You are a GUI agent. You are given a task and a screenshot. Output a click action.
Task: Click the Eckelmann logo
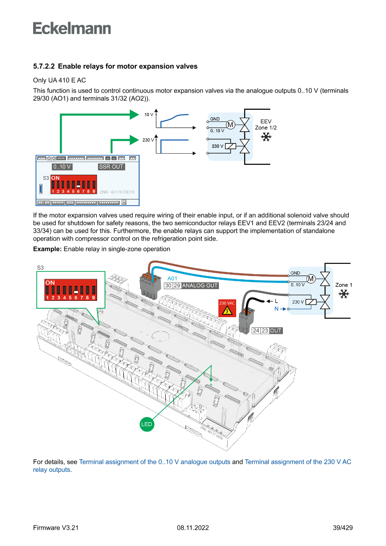pos(72,28)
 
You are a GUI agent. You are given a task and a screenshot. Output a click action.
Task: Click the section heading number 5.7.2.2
pos(44,66)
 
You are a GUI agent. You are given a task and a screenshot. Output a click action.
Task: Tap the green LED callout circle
pos(147,424)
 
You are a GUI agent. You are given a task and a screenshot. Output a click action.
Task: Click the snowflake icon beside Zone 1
pos(344,294)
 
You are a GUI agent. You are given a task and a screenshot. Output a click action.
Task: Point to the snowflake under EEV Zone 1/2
pos(266,137)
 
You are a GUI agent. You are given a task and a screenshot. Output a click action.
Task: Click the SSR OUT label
pos(112,167)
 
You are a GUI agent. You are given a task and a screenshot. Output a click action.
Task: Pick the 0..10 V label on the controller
pos(62,167)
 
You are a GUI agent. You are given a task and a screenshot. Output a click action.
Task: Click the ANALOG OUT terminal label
pos(200,285)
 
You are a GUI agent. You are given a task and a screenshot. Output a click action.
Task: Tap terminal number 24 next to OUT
pos(256,331)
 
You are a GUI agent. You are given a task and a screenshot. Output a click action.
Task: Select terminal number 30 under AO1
pos(168,285)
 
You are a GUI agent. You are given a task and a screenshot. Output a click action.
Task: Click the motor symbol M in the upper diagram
pos(231,124)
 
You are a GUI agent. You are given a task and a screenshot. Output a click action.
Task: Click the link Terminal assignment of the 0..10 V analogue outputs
pos(154,462)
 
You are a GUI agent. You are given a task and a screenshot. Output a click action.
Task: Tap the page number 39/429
pos(343,528)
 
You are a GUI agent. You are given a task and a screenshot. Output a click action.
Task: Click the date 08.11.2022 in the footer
pos(193,528)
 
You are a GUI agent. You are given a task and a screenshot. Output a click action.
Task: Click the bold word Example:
pos(47,249)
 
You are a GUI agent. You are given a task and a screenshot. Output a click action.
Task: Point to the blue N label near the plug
pos(276,309)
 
